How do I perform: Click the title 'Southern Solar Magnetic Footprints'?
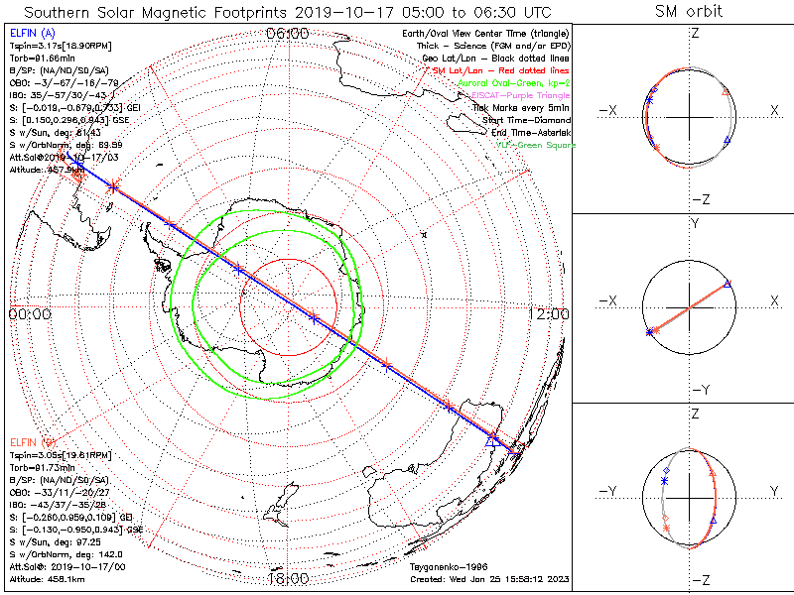point(149,12)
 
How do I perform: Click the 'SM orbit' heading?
point(690,12)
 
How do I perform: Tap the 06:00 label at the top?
point(289,34)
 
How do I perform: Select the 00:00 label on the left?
point(29,313)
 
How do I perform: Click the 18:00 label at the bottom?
point(289,578)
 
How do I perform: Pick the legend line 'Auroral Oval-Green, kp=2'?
point(514,83)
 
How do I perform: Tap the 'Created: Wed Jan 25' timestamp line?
point(489,578)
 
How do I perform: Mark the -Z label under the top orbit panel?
point(698,198)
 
